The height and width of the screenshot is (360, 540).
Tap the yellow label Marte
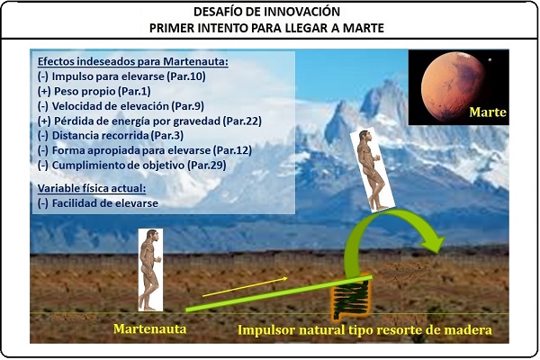(x=488, y=112)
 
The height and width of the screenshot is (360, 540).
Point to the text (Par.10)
(x=186, y=76)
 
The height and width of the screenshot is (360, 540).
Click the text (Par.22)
(x=242, y=121)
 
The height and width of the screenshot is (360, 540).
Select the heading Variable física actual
(x=92, y=188)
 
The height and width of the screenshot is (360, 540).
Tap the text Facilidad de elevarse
(x=105, y=203)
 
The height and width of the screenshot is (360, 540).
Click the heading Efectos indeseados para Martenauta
(x=133, y=61)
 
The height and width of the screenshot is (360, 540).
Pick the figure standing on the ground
(x=150, y=270)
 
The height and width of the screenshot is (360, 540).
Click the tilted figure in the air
(x=371, y=170)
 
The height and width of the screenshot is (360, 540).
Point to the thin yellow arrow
(x=245, y=286)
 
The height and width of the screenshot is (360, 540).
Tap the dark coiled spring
(x=351, y=298)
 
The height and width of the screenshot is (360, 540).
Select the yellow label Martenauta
(x=150, y=329)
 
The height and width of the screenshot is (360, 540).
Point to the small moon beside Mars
(x=490, y=60)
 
